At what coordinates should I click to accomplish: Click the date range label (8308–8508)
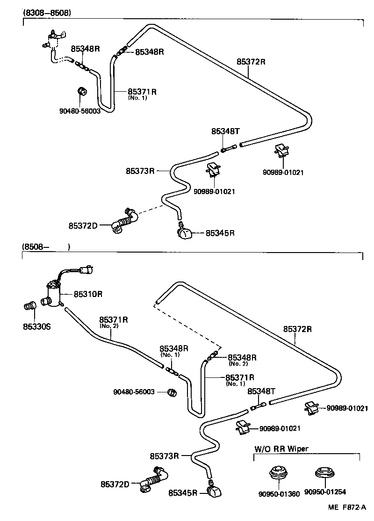pos(47,13)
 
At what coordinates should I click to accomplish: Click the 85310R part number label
pos(87,294)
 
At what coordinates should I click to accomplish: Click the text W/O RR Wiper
pos(281,449)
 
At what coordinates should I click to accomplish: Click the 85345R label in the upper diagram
pos(220,232)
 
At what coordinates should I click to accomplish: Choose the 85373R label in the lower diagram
pos(165,456)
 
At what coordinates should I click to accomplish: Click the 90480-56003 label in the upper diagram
pos(80,111)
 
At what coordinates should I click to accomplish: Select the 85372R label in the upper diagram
pos(251,61)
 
